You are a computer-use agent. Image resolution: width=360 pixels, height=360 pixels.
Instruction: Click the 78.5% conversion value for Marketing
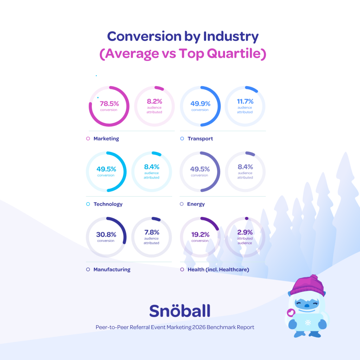coord(109,104)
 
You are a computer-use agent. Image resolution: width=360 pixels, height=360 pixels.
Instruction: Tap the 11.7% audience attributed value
coord(245,102)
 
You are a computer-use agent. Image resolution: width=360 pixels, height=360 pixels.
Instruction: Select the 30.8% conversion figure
coord(106,234)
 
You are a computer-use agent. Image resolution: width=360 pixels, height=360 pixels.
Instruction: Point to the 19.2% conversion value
coord(200,234)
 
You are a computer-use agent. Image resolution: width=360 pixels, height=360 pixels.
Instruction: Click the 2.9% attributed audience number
coord(245,232)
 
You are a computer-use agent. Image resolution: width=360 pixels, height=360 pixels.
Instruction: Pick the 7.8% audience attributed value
coord(152,232)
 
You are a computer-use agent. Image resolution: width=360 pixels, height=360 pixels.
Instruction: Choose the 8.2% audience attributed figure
coord(154,102)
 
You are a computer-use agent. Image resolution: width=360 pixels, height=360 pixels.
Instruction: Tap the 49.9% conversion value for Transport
coord(200,104)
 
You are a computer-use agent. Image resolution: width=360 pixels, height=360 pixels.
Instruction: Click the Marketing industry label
coord(106,139)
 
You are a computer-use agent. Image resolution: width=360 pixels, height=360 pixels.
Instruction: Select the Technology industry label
coord(108,204)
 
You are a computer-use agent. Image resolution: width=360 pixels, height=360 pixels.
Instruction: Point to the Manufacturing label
coord(112,270)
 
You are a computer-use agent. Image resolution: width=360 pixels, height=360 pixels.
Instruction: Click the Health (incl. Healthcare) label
coord(218,270)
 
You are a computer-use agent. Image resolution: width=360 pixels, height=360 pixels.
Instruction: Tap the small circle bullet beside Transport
coord(182,139)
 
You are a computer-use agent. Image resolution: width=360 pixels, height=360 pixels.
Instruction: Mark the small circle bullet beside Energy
coord(182,204)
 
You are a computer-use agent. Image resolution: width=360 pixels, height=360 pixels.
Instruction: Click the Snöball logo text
coord(180,310)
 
